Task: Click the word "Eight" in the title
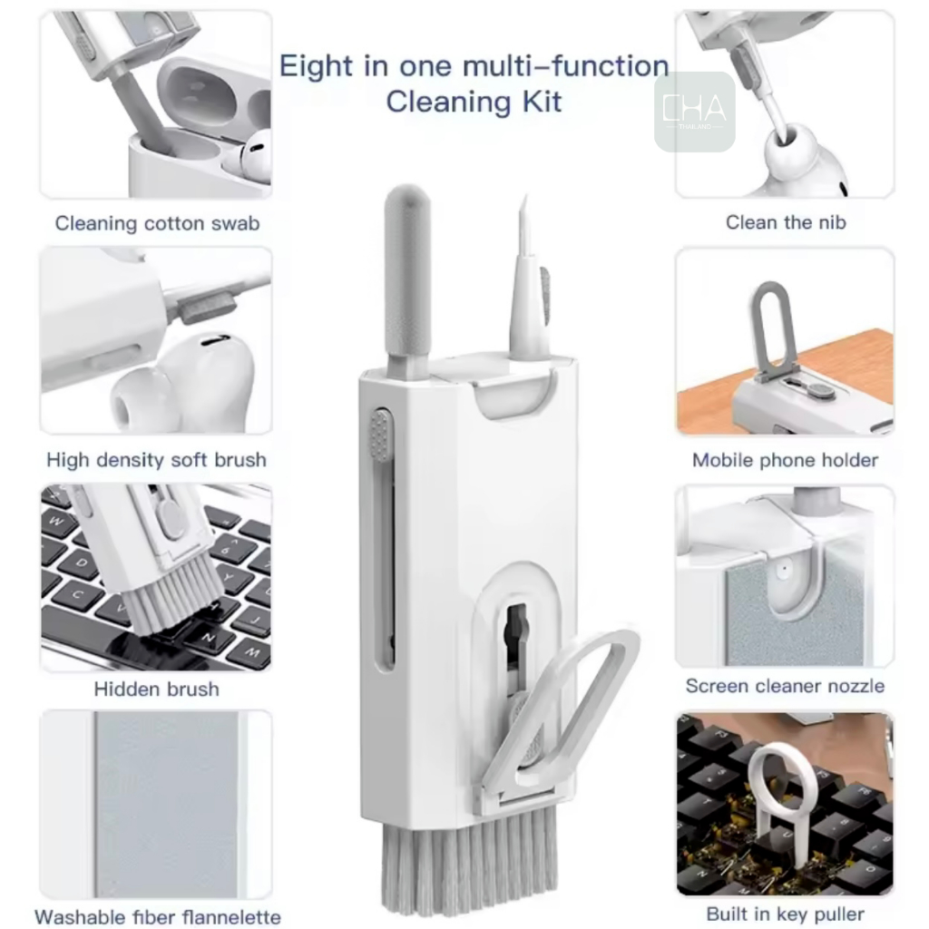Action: (317, 65)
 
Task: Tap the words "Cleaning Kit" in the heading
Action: (474, 102)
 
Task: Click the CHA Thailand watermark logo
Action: (694, 112)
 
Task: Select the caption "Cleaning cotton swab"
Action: (157, 223)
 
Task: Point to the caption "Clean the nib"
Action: (786, 222)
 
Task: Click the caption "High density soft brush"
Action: (156, 460)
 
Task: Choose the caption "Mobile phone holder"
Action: (785, 460)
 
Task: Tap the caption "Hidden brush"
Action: (156, 689)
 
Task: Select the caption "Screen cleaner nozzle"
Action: (785, 686)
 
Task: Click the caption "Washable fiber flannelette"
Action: (158, 916)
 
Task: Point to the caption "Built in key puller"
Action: (785, 914)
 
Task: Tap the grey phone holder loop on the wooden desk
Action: (773, 329)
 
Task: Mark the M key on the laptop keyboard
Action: (252, 653)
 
